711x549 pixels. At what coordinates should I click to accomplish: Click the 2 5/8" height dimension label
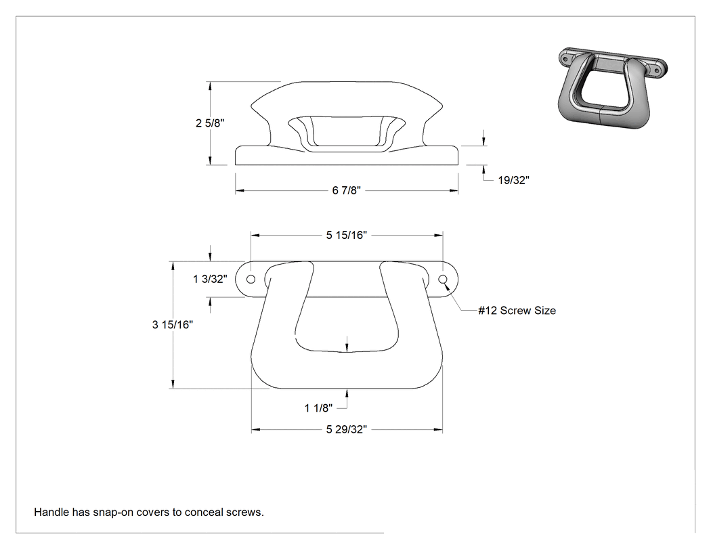[210, 123]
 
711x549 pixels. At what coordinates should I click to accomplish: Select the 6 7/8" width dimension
[347, 190]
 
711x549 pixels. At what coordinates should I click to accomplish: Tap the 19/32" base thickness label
[514, 180]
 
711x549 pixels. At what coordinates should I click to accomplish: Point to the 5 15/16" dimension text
[347, 235]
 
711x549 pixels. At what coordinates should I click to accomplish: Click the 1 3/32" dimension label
[210, 279]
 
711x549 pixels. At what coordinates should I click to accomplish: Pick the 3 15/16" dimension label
[172, 325]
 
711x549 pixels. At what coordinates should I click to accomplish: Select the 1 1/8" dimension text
[318, 408]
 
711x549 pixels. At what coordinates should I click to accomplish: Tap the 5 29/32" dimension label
[347, 429]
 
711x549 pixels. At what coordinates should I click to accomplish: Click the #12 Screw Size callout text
[517, 311]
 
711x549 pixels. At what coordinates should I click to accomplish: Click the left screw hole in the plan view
[251, 279]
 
